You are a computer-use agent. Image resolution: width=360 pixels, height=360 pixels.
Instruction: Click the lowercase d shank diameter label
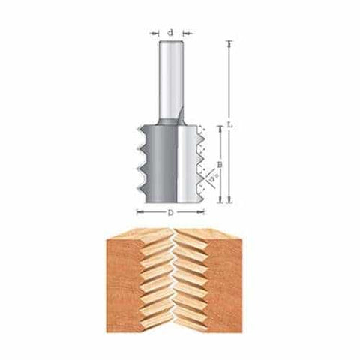click(x=170, y=32)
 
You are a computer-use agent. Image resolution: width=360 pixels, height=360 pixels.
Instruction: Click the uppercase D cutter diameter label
click(x=170, y=213)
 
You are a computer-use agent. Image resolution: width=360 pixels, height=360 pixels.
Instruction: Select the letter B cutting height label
click(x=220, y=163)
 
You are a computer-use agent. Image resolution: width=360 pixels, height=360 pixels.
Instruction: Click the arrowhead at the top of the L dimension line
click(x=229, y=42)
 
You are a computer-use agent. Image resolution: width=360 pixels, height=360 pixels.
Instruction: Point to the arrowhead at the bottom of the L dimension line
click(x=229, y=201)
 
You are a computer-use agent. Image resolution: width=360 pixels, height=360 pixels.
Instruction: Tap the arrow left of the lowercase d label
click(x=154, y=32)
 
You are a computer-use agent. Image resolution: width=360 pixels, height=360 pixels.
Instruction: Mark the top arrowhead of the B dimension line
click(x=220, y=128)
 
